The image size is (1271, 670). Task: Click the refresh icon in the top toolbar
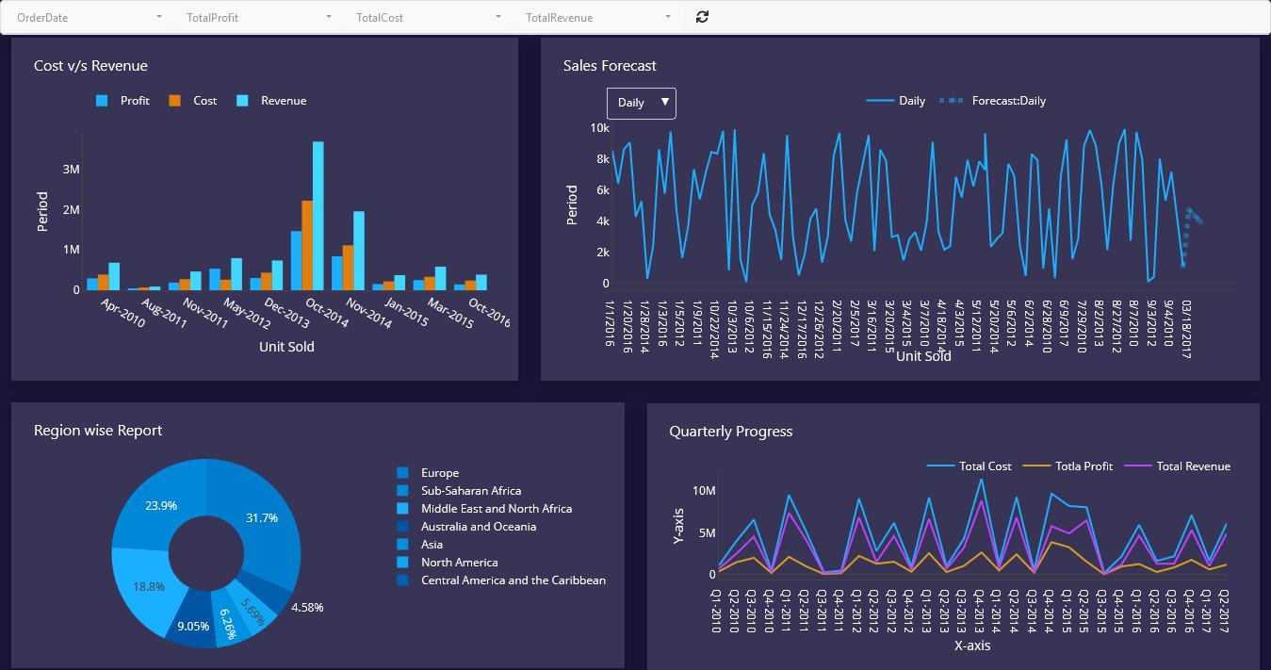[x=702, y=17]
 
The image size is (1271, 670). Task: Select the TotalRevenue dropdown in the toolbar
[x=598, y=18]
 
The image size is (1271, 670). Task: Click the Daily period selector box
[x=642, y=103]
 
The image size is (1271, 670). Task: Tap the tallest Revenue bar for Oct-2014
[x=318, y=216]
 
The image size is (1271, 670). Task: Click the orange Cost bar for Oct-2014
[x=307, y=245]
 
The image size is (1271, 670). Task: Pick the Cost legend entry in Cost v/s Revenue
[x=193, y=101]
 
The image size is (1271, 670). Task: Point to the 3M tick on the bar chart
[x=71, y=169]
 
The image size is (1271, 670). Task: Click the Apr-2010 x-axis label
[x=122, y=313]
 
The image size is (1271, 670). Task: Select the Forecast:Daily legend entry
[x=992, y=101]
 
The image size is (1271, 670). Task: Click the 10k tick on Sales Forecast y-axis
[x=600, y=127]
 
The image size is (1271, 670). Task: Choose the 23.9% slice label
[x=161, y=505]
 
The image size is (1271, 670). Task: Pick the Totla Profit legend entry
[x=1067, y=466]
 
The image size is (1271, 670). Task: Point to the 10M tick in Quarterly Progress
[x=704, y=490]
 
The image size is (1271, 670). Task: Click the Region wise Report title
[x=98, y=430]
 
